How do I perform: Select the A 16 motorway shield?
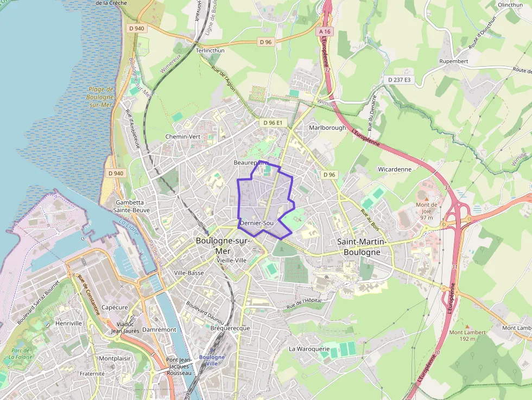pos(325,32)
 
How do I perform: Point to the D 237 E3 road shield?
pos(400,80)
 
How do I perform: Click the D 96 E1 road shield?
pos(273,123)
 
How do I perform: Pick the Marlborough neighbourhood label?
pos(327,128)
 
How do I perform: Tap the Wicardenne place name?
pos(395,169)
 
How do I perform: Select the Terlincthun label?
pos(210,50)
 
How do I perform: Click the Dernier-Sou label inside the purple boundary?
pos(257,223)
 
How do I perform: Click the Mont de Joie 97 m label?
pos(426,211)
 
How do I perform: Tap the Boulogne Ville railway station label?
pos(212,360)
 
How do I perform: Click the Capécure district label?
pos(115,307)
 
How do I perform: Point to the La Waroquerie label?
pos(309,348)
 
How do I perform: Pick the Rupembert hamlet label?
pos(453,61)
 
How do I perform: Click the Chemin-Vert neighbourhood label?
pos(183,137)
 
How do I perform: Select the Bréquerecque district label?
pos(230,328)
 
